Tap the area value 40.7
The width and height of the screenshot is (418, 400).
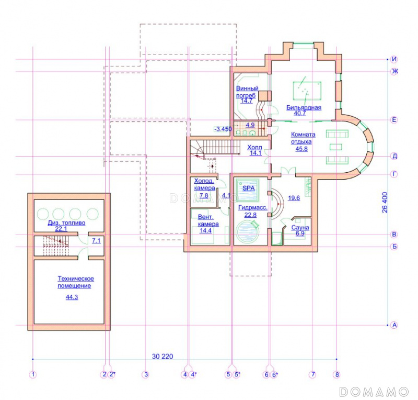299,113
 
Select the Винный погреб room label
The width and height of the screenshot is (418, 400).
247,92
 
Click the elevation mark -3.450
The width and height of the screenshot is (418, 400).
223,129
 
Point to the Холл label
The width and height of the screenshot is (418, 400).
254,147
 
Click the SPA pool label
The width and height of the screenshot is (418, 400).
249,188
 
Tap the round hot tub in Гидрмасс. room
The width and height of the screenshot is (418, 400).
247,231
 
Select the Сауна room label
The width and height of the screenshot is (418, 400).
300,227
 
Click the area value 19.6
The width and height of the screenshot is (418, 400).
294,198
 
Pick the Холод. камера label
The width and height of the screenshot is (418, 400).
204,184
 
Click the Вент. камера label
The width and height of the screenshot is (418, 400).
208,220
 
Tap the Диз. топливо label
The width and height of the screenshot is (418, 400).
66,223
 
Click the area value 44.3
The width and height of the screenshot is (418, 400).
72,297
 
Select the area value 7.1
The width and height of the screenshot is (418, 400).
96,241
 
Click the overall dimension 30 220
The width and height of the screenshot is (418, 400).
162,356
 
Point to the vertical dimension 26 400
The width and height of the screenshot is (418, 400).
385,202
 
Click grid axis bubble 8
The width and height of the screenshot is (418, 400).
337,375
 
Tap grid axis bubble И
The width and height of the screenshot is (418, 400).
394,59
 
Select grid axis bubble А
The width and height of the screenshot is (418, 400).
394,325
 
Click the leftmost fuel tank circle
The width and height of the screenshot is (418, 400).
43,214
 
